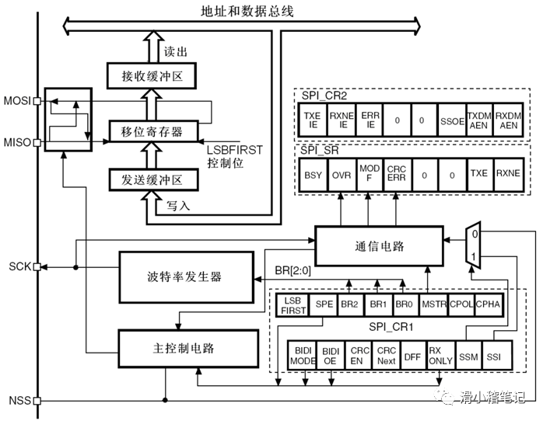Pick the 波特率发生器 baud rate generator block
[184, 277]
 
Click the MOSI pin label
[18, 102]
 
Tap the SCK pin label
[19, 266]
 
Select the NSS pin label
[19, 401]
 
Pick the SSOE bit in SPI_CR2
[450, 120]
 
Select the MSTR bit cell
[432, 306]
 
